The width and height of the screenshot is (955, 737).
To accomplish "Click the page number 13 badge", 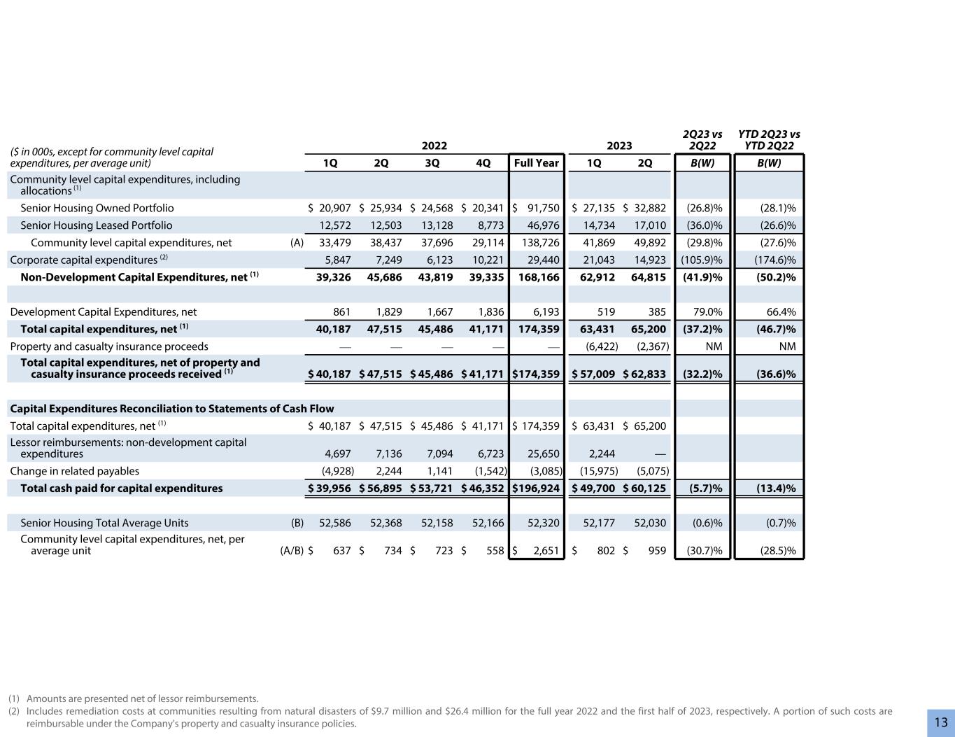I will [x=941, y=722].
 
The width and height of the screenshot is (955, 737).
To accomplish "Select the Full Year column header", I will [x=537, y=163].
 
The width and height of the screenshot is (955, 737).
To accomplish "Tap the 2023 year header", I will [x=619, y=146].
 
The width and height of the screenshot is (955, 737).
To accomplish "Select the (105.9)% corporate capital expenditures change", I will [x=702, y=260].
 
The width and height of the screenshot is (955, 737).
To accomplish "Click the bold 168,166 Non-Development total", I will [x=538, y=277].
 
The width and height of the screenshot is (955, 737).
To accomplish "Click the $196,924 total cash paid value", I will [x=537, y=488].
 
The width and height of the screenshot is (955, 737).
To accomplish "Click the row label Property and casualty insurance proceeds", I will [x=109, y=346].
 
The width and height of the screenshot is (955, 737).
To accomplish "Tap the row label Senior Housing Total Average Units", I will [x=104, y=523].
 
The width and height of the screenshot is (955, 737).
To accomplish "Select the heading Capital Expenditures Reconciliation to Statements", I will [x=172, y=408].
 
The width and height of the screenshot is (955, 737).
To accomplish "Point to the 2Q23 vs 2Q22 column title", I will [x=702, y=140].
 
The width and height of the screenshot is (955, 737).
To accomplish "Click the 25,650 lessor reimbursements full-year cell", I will [x=542, y=454].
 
